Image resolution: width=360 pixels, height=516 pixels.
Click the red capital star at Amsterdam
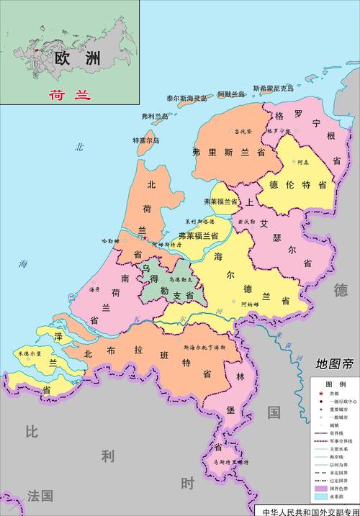145,238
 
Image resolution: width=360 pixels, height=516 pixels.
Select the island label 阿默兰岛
232,93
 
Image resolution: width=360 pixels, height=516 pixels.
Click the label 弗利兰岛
154,115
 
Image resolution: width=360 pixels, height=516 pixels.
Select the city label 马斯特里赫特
230,461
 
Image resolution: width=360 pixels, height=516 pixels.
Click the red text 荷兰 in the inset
64,93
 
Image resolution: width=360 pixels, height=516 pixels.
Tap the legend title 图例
336,384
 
